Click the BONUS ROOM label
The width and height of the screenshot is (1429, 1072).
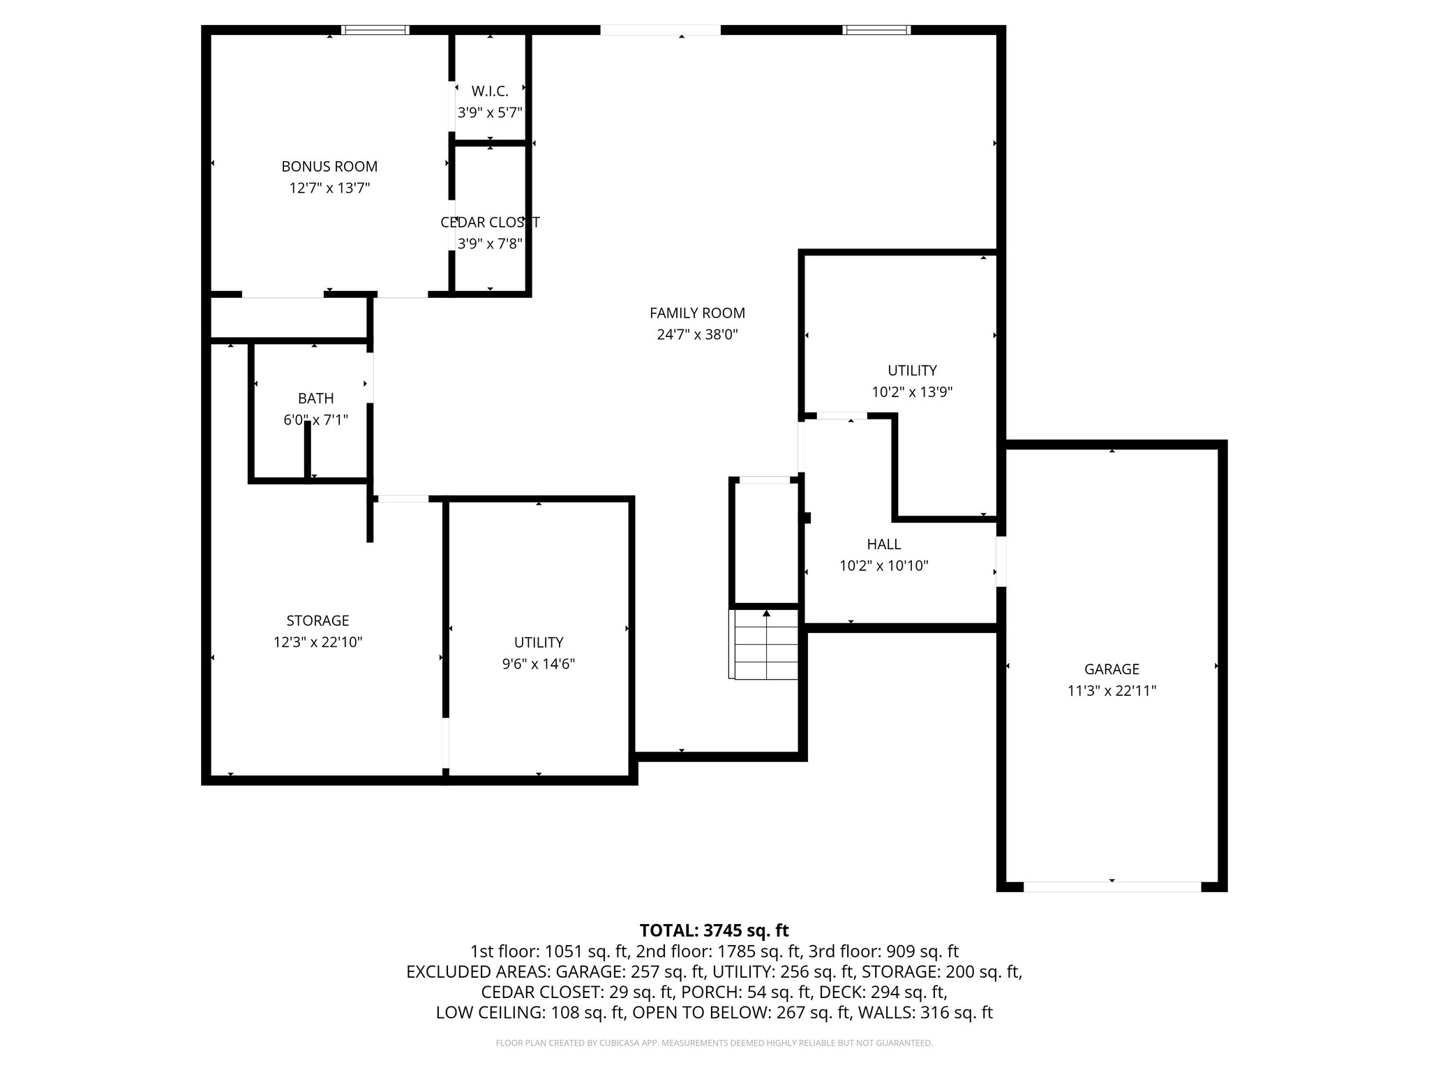[329, 166]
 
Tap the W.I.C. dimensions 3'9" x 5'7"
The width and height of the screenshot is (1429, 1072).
[490, 112]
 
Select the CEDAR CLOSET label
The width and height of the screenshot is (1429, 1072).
[490, 222]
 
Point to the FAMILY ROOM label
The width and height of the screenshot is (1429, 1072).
[697, 313]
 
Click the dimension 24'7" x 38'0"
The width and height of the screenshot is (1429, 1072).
[697, 334]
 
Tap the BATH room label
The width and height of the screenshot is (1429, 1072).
[315, 398]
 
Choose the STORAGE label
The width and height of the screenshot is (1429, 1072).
[317, 620]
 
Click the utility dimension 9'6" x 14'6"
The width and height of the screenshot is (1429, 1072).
[539, 664]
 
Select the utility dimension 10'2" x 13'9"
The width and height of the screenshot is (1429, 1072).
[912, 392]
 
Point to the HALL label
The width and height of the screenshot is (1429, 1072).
[883, 544]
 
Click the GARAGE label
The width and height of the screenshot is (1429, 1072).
[1112, 669]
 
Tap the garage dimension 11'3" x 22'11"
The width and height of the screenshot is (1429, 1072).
[1112, 691]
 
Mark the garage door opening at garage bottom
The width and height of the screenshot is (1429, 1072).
[1112, 886]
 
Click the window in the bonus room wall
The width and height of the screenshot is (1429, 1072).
[375, 30]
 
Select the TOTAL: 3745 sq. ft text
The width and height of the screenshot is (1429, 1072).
[714, 930]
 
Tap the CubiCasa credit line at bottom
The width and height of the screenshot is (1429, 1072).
[714, 1043]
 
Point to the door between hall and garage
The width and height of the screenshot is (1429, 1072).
[1001, 561]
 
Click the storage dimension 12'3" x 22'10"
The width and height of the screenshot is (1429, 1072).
[317, 642]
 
